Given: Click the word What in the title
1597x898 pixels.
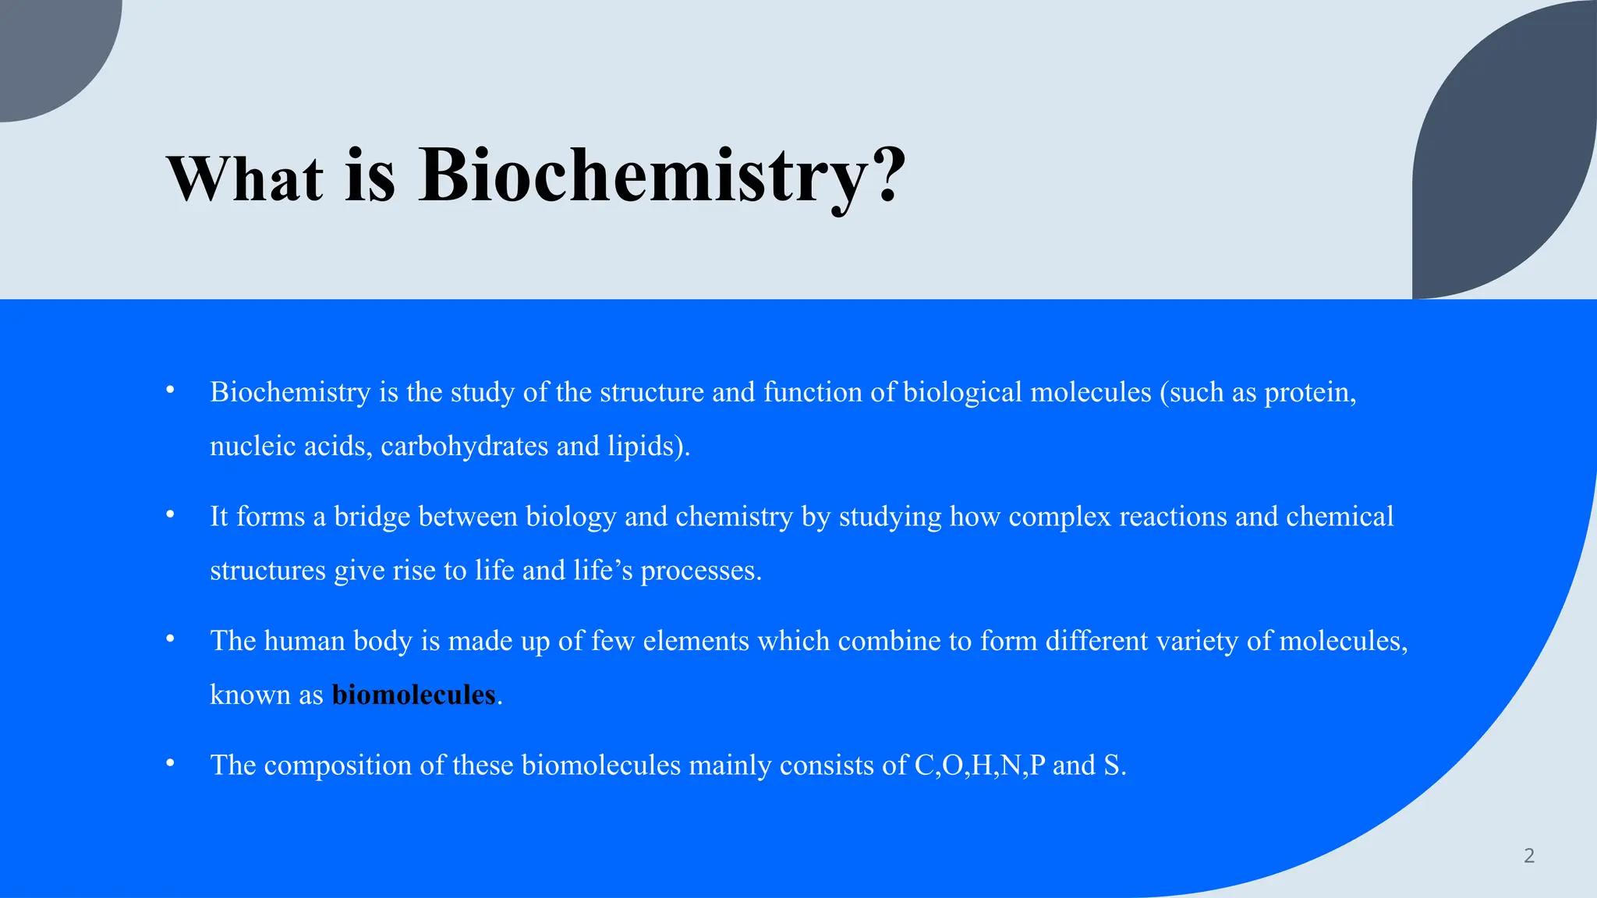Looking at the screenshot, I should (x=245, y=179).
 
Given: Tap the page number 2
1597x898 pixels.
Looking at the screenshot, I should (x=1528, y=856).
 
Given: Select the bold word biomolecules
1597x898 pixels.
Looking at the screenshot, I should (x=413, y=695).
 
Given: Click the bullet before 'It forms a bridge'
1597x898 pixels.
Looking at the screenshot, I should (x=170, y=514).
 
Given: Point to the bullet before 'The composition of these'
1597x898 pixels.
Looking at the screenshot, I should (x=170, y=763).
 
